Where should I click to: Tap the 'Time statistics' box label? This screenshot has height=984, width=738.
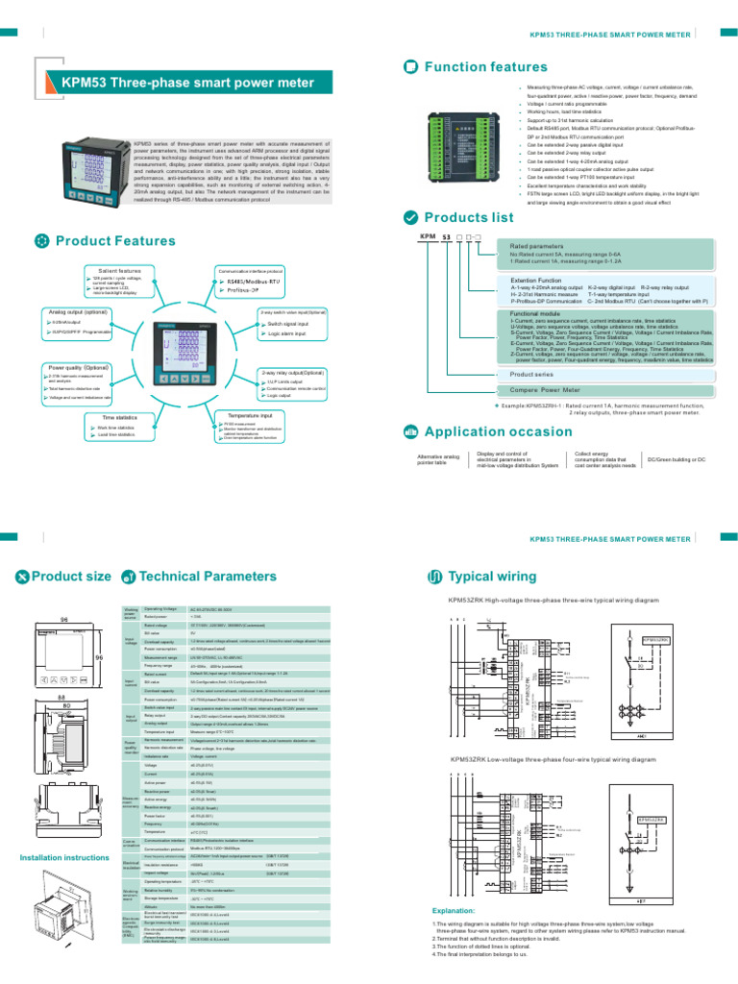(x=119, y=418)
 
